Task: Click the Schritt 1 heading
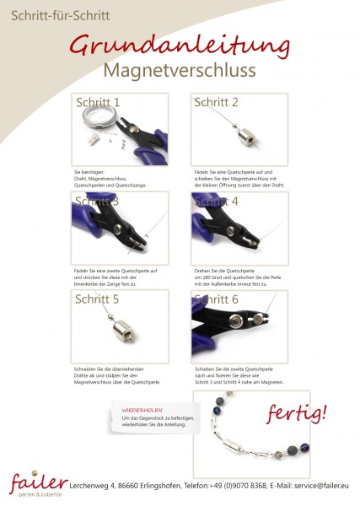[x=98, y=102]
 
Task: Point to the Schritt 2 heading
[x=217, y=102]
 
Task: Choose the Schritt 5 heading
[x=98, y=299]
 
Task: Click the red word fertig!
[x=297, y=414]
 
